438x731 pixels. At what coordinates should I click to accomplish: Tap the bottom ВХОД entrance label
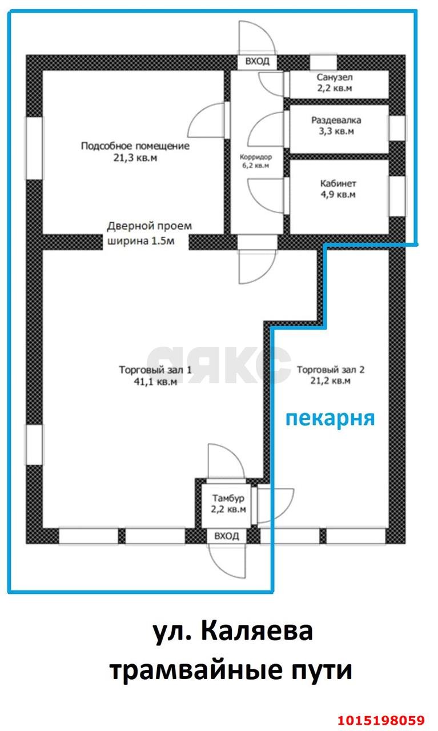pyautogui.click(x=227, y=536)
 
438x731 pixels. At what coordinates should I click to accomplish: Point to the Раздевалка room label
pyautogui.click(x=336, y=121)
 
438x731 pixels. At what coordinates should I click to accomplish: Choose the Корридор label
pyautogui.click(x=256, y=157)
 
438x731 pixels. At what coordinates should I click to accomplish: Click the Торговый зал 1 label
pyautogui.click(x=155, y=369)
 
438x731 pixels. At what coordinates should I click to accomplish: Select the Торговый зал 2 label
pyautogui.click(x=331, y=369)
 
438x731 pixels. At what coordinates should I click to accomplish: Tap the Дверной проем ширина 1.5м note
pyautogui.click(x=150, y=234)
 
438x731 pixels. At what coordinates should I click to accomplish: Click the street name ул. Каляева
pyautogui.click(x=233, y=632)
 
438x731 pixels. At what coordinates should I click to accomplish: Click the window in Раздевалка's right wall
pyautogui.click(x=397, y=128)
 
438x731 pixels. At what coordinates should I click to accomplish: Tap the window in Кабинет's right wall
pyautogui.click(x=397, y=196)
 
